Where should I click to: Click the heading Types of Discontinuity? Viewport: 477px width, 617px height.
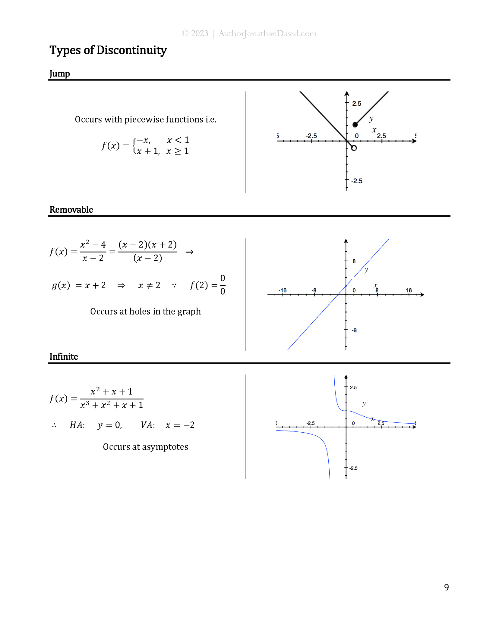pos(108,50)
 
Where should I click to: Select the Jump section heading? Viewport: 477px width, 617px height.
pos(59,74)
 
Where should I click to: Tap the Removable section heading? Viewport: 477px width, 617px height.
pos(71,210)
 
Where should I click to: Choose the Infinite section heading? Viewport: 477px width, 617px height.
pos(64,357)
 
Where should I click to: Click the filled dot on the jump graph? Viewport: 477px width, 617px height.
pos(355,124)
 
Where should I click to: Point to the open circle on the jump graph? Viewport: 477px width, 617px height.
pos(354,148)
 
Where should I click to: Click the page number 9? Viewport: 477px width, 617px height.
pos(446,587)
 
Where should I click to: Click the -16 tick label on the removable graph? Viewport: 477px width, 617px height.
pos(283,290)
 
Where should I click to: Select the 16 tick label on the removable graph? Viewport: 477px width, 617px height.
pos(409,290)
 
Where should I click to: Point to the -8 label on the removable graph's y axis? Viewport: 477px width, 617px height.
pos(354,330)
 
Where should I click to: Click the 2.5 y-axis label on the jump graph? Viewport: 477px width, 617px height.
pos(357,104)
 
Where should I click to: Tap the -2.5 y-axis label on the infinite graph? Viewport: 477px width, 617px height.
pos(353,468)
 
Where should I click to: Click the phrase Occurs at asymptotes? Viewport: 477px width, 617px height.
pos(145,447)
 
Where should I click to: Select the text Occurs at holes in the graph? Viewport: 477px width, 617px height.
pos(145,312)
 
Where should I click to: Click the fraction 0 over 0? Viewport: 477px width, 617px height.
pos(223,285)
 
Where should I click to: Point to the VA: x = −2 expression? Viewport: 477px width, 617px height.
pos(168,425)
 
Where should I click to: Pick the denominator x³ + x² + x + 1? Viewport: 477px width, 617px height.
pos(112,405)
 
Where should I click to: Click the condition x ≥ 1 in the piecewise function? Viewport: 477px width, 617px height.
pos(178,151)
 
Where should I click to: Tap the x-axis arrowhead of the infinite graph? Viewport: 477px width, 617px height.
pos(414,427)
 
